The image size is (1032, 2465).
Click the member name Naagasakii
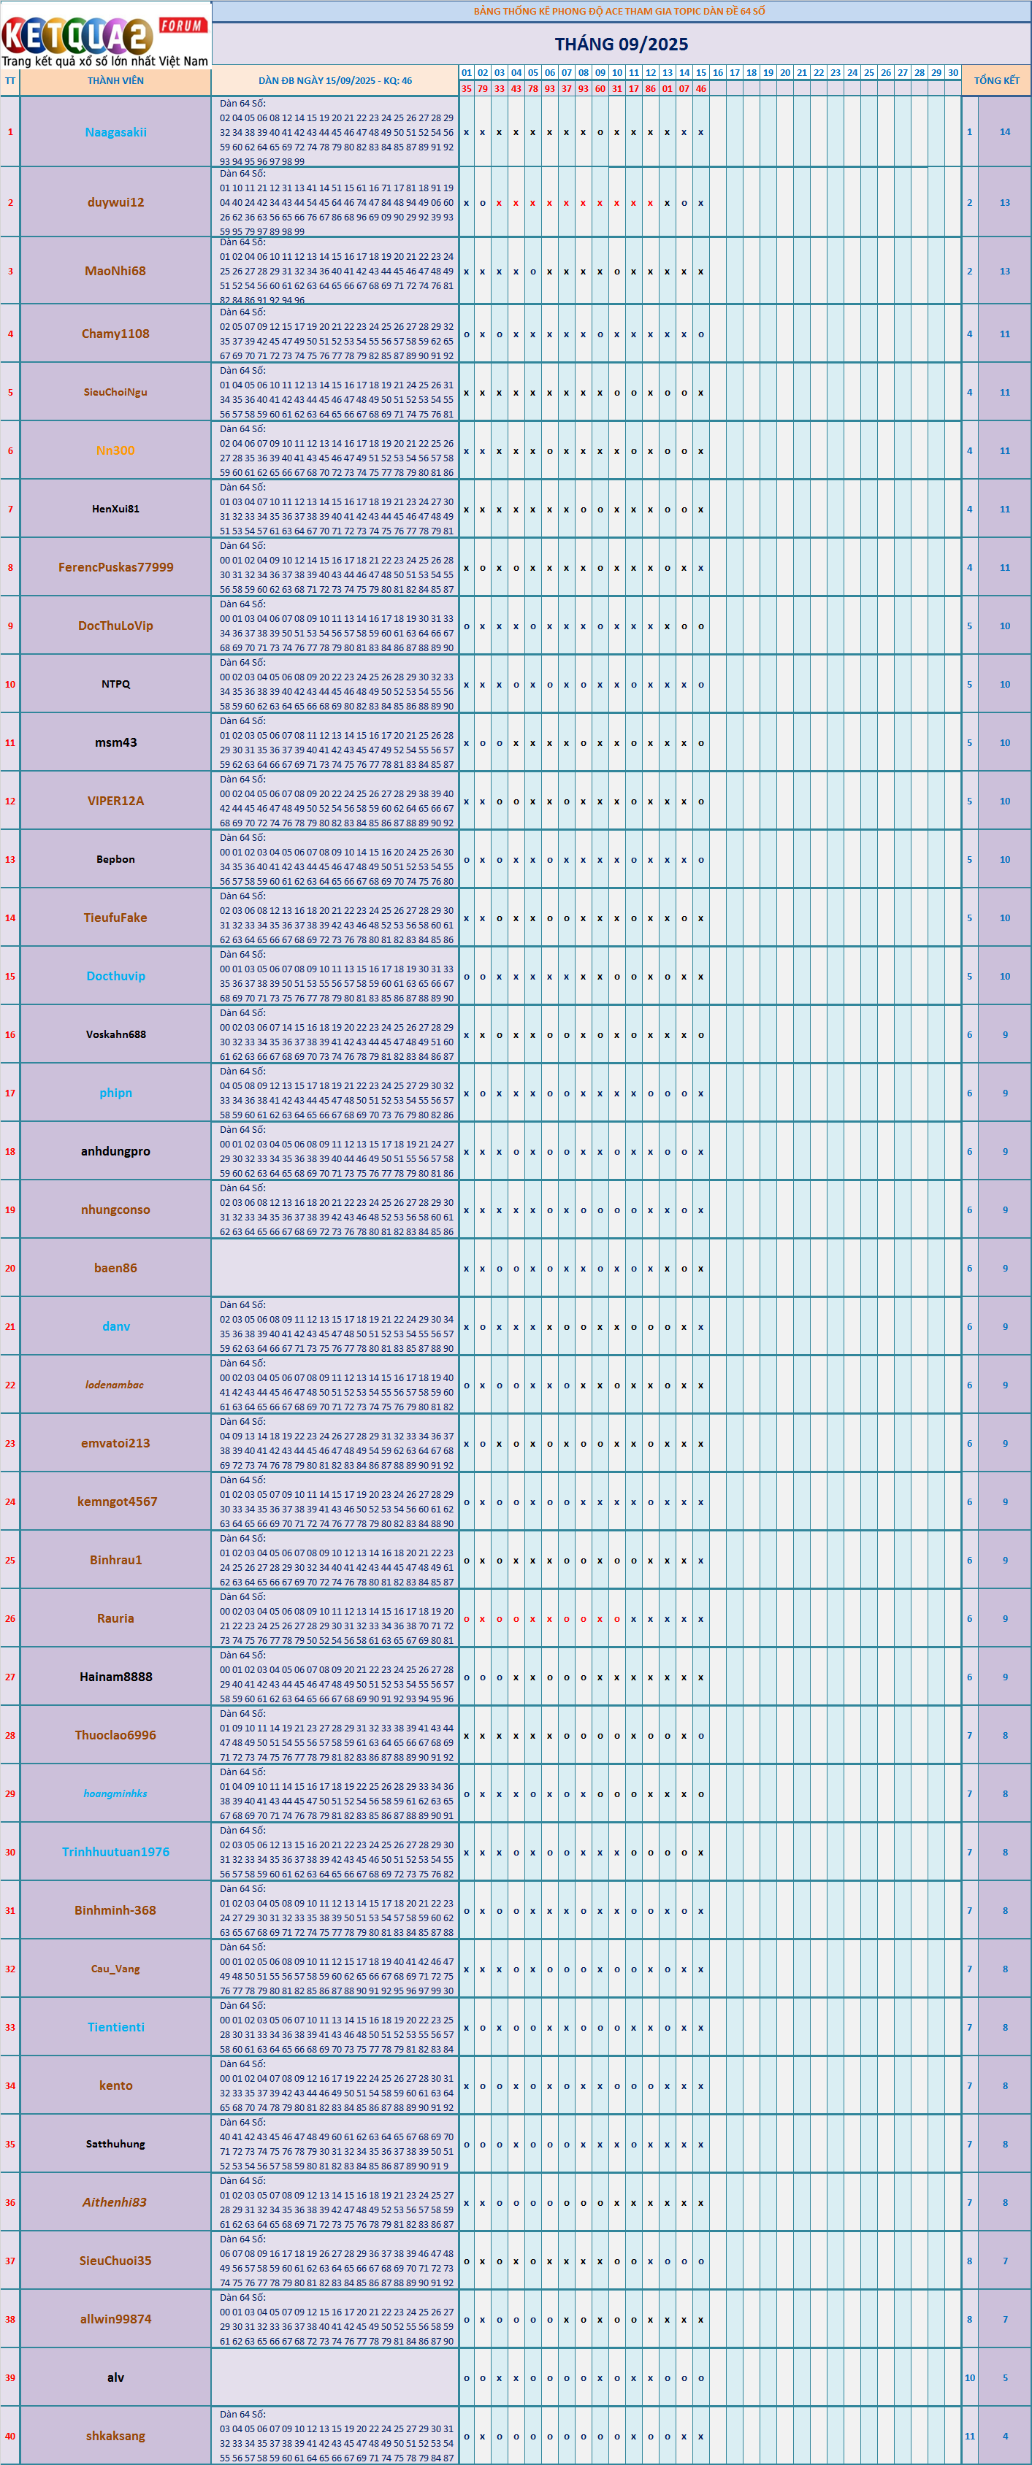116,132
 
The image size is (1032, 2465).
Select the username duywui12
116,202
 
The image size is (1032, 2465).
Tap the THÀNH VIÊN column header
116,81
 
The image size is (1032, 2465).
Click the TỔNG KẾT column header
997,81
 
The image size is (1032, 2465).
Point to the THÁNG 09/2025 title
622,44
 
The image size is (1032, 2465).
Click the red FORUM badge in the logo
182,26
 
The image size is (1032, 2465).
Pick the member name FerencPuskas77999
116,567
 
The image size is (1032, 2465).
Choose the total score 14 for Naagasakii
1004,132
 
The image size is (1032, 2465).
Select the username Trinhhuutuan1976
116,1852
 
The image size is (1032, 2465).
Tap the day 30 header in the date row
952,73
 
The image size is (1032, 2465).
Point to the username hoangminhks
116,1793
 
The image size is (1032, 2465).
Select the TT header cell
10,81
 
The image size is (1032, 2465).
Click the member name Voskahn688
116,1034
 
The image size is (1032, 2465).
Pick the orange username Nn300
116,450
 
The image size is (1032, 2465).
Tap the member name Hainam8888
116,1677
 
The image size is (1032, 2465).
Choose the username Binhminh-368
116,1910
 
